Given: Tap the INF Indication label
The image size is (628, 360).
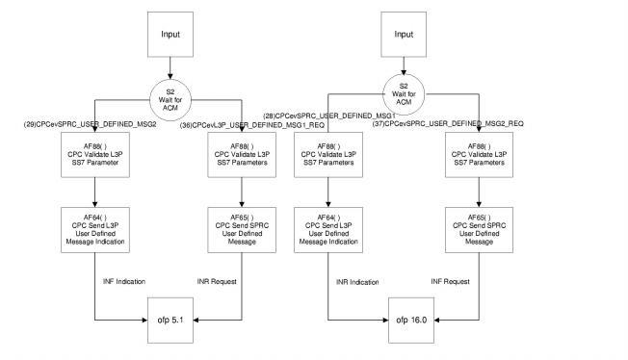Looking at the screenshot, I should tap(124, 282).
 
